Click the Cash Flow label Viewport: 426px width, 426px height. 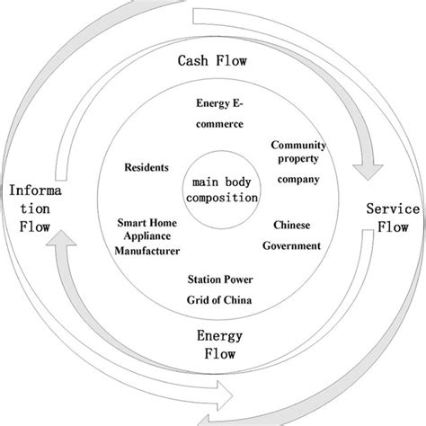click(x=212, y=63)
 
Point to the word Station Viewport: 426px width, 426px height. click(x=203, y=280)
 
